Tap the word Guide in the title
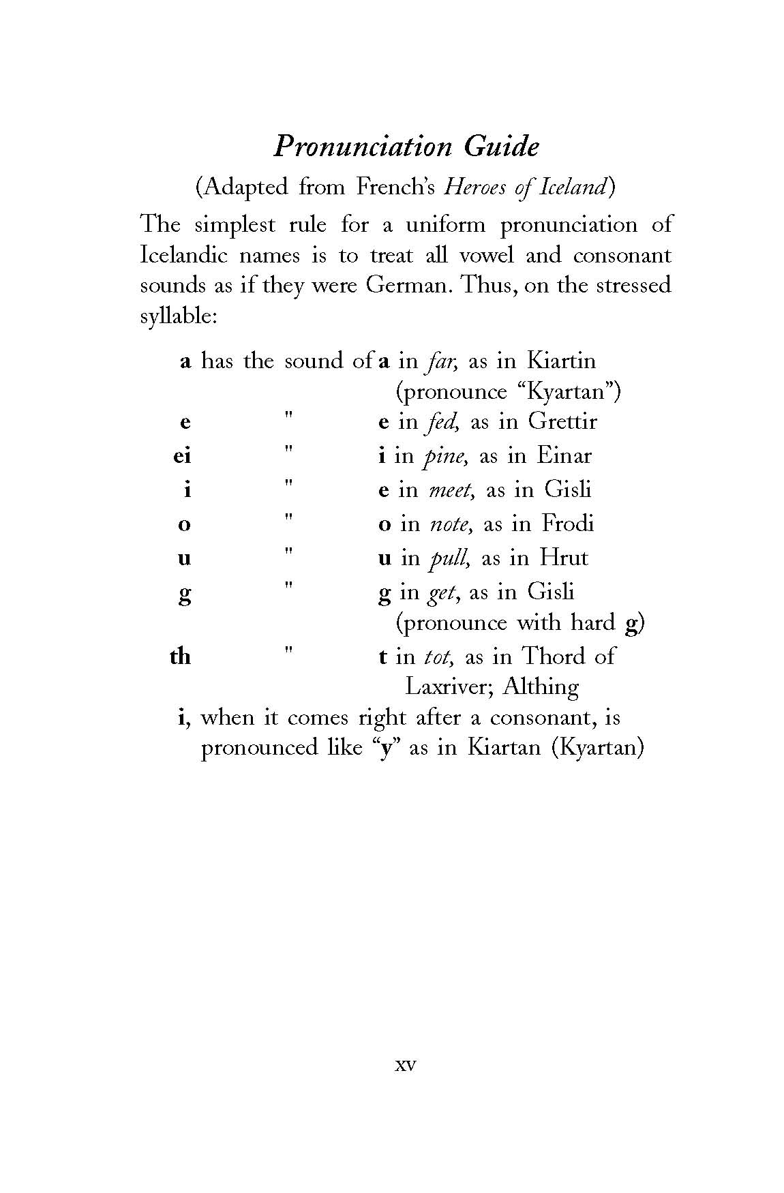pyautogui.click(x=502, y=147)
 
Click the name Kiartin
pyautogui.click(x=562, y=361)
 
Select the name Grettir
pyautogui.click(x=562, y=421)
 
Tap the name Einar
pyautogui.click(x=564, y=455)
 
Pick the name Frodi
pyautogui.click(x=568, y=524)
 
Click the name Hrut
pyautogui.click(x=563, y=558)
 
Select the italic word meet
pyautogui.click(x=448, y=489)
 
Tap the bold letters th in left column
pyautogui.click(x=181, y=656)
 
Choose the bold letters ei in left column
pyautogui.click(x=182, y=455)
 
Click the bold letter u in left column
pyautogui.click(x=184, y=558)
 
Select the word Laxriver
pyautogui.click(x=448, y=686)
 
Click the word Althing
pyautogui.click(x=541, y=686)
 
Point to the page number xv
pyautogui.click(x=405, y=1065)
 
